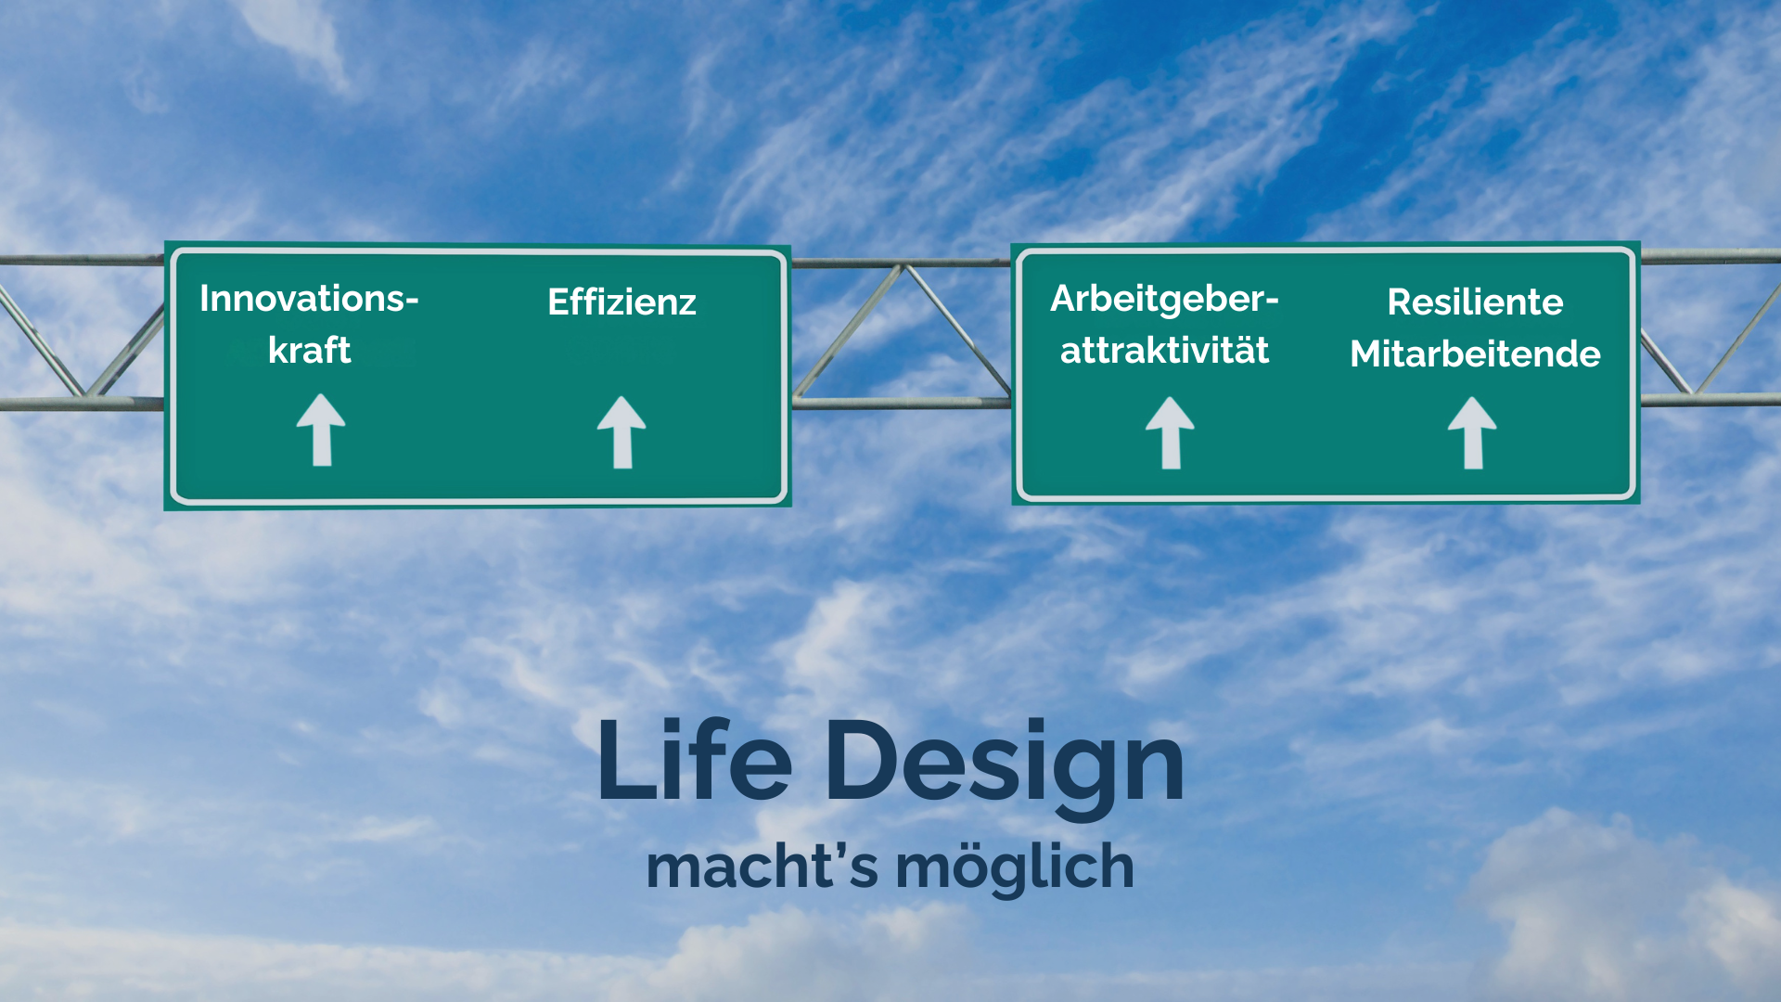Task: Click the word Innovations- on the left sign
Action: [x=309, y=299]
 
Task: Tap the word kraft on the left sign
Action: [x=309, y=351]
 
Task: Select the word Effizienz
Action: [x=621, y=302]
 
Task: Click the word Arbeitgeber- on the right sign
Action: [x=1164, y=299]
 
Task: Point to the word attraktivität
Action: [x=1164, y=351]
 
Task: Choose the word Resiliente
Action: [x=1475, y=302]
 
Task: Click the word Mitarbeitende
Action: [x=1475, y=354]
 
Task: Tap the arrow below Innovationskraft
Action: [x=321, y=430]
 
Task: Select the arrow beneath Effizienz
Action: [x=621, y=432]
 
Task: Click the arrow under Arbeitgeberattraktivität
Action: [x=1170, y=432]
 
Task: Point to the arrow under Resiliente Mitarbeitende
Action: [x=1472, y=432]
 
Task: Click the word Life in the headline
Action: [x=694, y=761]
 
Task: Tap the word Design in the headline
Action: [x=1004, y=763]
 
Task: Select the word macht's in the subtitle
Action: [x=762, y=867]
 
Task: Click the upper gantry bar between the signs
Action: [x=900, y=263]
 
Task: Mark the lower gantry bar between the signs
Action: [x=900, y=403]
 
